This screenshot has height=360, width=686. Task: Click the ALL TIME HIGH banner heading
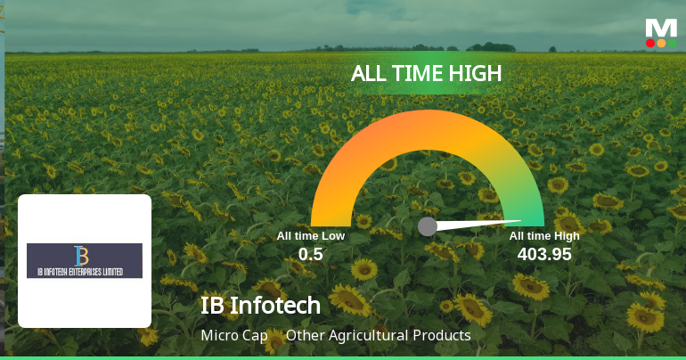pos(427,74)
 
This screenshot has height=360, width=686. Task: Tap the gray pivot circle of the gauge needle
pos(428,226)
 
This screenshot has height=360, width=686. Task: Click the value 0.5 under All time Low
pos(310,254)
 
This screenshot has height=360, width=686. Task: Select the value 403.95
pos(544,254)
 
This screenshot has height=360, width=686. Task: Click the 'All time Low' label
pos(310,236)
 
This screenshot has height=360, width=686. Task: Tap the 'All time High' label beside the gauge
pos(544,236)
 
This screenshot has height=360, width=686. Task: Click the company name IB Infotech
pos(260,305)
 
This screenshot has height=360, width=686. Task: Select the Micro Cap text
pos(234,336)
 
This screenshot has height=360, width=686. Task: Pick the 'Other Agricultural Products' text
pos(378,336)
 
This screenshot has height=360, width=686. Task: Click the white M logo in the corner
pos(661,28)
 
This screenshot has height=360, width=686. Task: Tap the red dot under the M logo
pos(650,43)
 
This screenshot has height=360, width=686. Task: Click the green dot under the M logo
pos(672,43)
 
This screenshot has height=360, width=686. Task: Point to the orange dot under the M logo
pos(661,43)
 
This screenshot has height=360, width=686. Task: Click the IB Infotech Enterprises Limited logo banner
pos(85,260)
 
